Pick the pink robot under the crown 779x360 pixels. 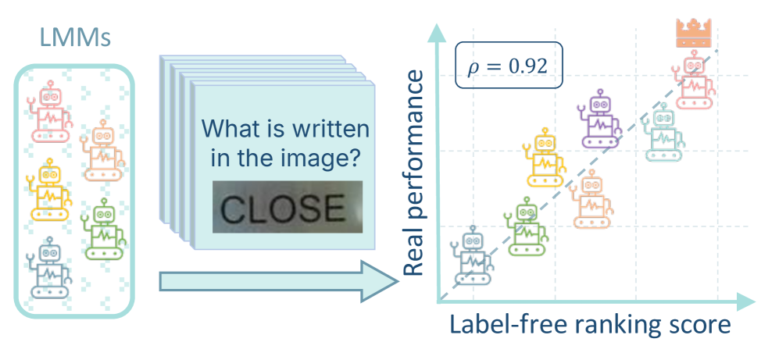click(x=692, y=80)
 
